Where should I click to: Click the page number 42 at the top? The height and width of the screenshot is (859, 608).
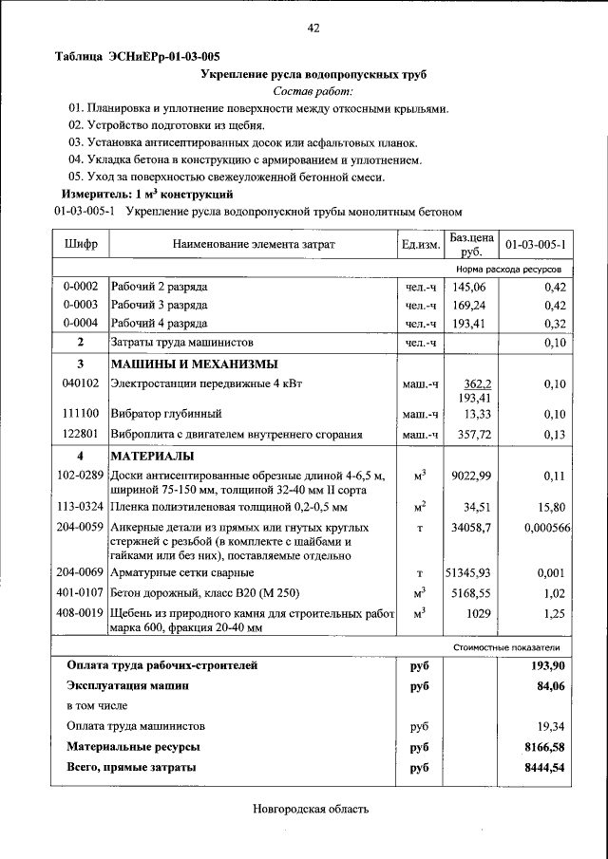313,28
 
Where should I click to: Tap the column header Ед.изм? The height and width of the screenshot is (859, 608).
420,245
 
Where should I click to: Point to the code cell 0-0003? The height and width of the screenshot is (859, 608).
80,305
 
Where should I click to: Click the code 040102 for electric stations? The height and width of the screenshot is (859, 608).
80,383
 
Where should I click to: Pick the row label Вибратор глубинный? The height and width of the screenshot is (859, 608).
166,414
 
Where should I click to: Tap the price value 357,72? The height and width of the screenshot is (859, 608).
469,433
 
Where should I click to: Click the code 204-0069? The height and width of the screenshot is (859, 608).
80,572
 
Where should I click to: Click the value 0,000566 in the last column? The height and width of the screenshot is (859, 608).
545,527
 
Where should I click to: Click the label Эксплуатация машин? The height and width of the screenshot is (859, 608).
127,684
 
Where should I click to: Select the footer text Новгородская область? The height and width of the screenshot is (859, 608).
310,810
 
